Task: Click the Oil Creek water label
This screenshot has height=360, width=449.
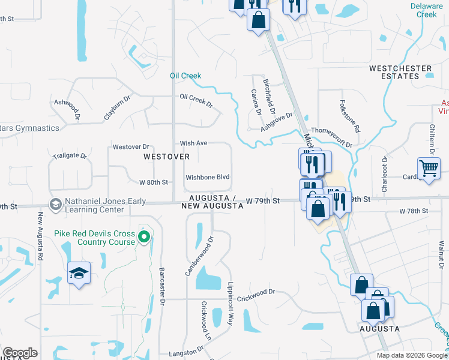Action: click(x=185, y=76)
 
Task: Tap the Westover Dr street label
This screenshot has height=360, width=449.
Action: click(x=130, y=146)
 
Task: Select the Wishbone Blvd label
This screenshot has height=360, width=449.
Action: click(x=208, y=178)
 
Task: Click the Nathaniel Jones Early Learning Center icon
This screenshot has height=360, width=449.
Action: click(x=56, y=205)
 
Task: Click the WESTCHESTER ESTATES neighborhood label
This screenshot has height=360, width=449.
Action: click(x=400, y=72)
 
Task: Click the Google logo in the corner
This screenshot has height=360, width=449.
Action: click(x=20, y=353)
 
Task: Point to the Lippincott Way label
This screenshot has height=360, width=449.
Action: click(x=230, y=304)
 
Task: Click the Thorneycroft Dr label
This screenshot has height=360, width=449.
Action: click(x=331, y=137)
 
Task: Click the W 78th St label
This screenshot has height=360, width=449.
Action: click(x=414, y=211)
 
